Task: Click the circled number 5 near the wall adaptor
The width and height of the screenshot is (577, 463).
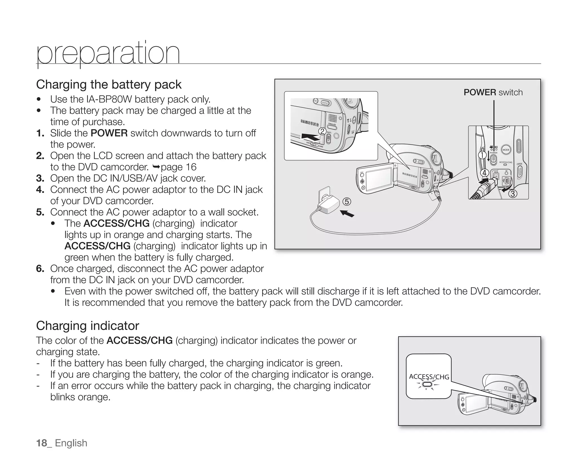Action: [x=347, y=202]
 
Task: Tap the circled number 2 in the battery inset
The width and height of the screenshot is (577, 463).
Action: [x=322, y=131]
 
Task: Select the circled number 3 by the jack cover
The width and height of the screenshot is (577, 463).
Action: [x=513, y=194]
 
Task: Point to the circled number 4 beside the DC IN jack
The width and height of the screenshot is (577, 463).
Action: [x=484, y=173]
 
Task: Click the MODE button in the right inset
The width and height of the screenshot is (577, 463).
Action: [x=506, y=150]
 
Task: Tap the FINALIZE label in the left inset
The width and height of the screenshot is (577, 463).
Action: [x=332, y=124]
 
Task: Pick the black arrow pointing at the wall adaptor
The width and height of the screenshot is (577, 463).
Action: [x=347, y=214]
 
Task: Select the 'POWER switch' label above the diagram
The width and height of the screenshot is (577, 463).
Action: [x=493, y=92]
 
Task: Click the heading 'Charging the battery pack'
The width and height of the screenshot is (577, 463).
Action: [x=109, y=84]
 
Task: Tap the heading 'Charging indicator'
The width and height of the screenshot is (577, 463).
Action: [x=87, y=326]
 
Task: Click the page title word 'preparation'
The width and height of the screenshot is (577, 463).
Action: [x=108, y=54]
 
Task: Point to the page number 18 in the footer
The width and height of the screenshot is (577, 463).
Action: [x=42, y=443]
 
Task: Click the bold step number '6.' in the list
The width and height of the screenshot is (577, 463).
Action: [x=40, y=269]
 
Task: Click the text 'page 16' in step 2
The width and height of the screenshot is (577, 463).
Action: [x=178, y=167]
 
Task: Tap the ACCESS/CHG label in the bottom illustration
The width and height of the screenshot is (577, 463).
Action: [x=429, y=377]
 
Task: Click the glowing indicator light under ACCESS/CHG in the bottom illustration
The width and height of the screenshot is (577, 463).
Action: [x=427, y=384]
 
